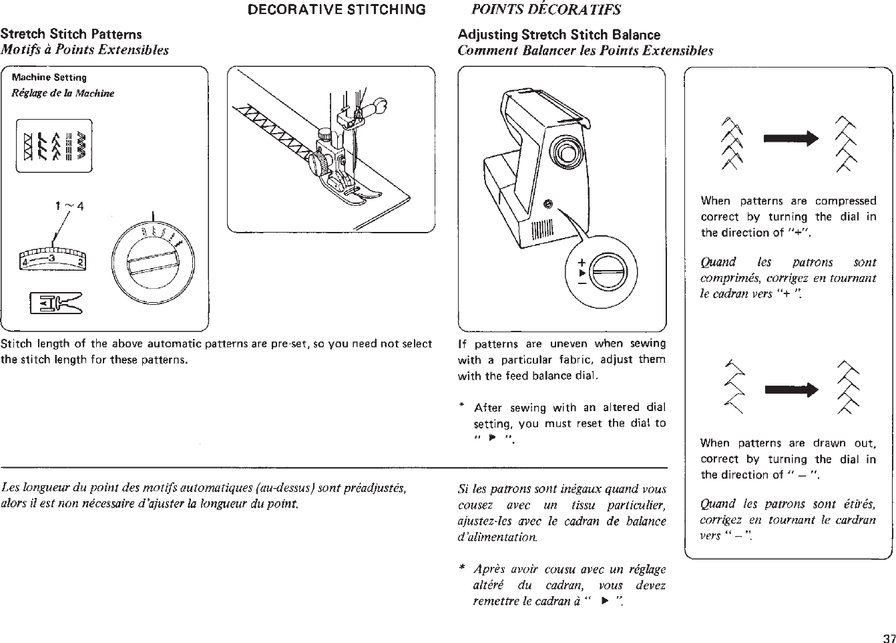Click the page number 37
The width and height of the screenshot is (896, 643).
[x=888, y=636]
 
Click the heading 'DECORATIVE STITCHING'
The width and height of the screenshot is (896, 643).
[x=337, y=9]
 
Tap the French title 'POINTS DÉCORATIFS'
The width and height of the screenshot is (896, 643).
[x=546, y=9]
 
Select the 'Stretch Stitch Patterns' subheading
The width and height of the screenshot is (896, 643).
[x=71, y=33]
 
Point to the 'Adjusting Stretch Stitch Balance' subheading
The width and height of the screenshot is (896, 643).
[x=559, y=35]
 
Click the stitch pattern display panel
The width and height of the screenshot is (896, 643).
[x=53, y=145]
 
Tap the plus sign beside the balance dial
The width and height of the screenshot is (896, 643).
[x=582, y=261]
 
